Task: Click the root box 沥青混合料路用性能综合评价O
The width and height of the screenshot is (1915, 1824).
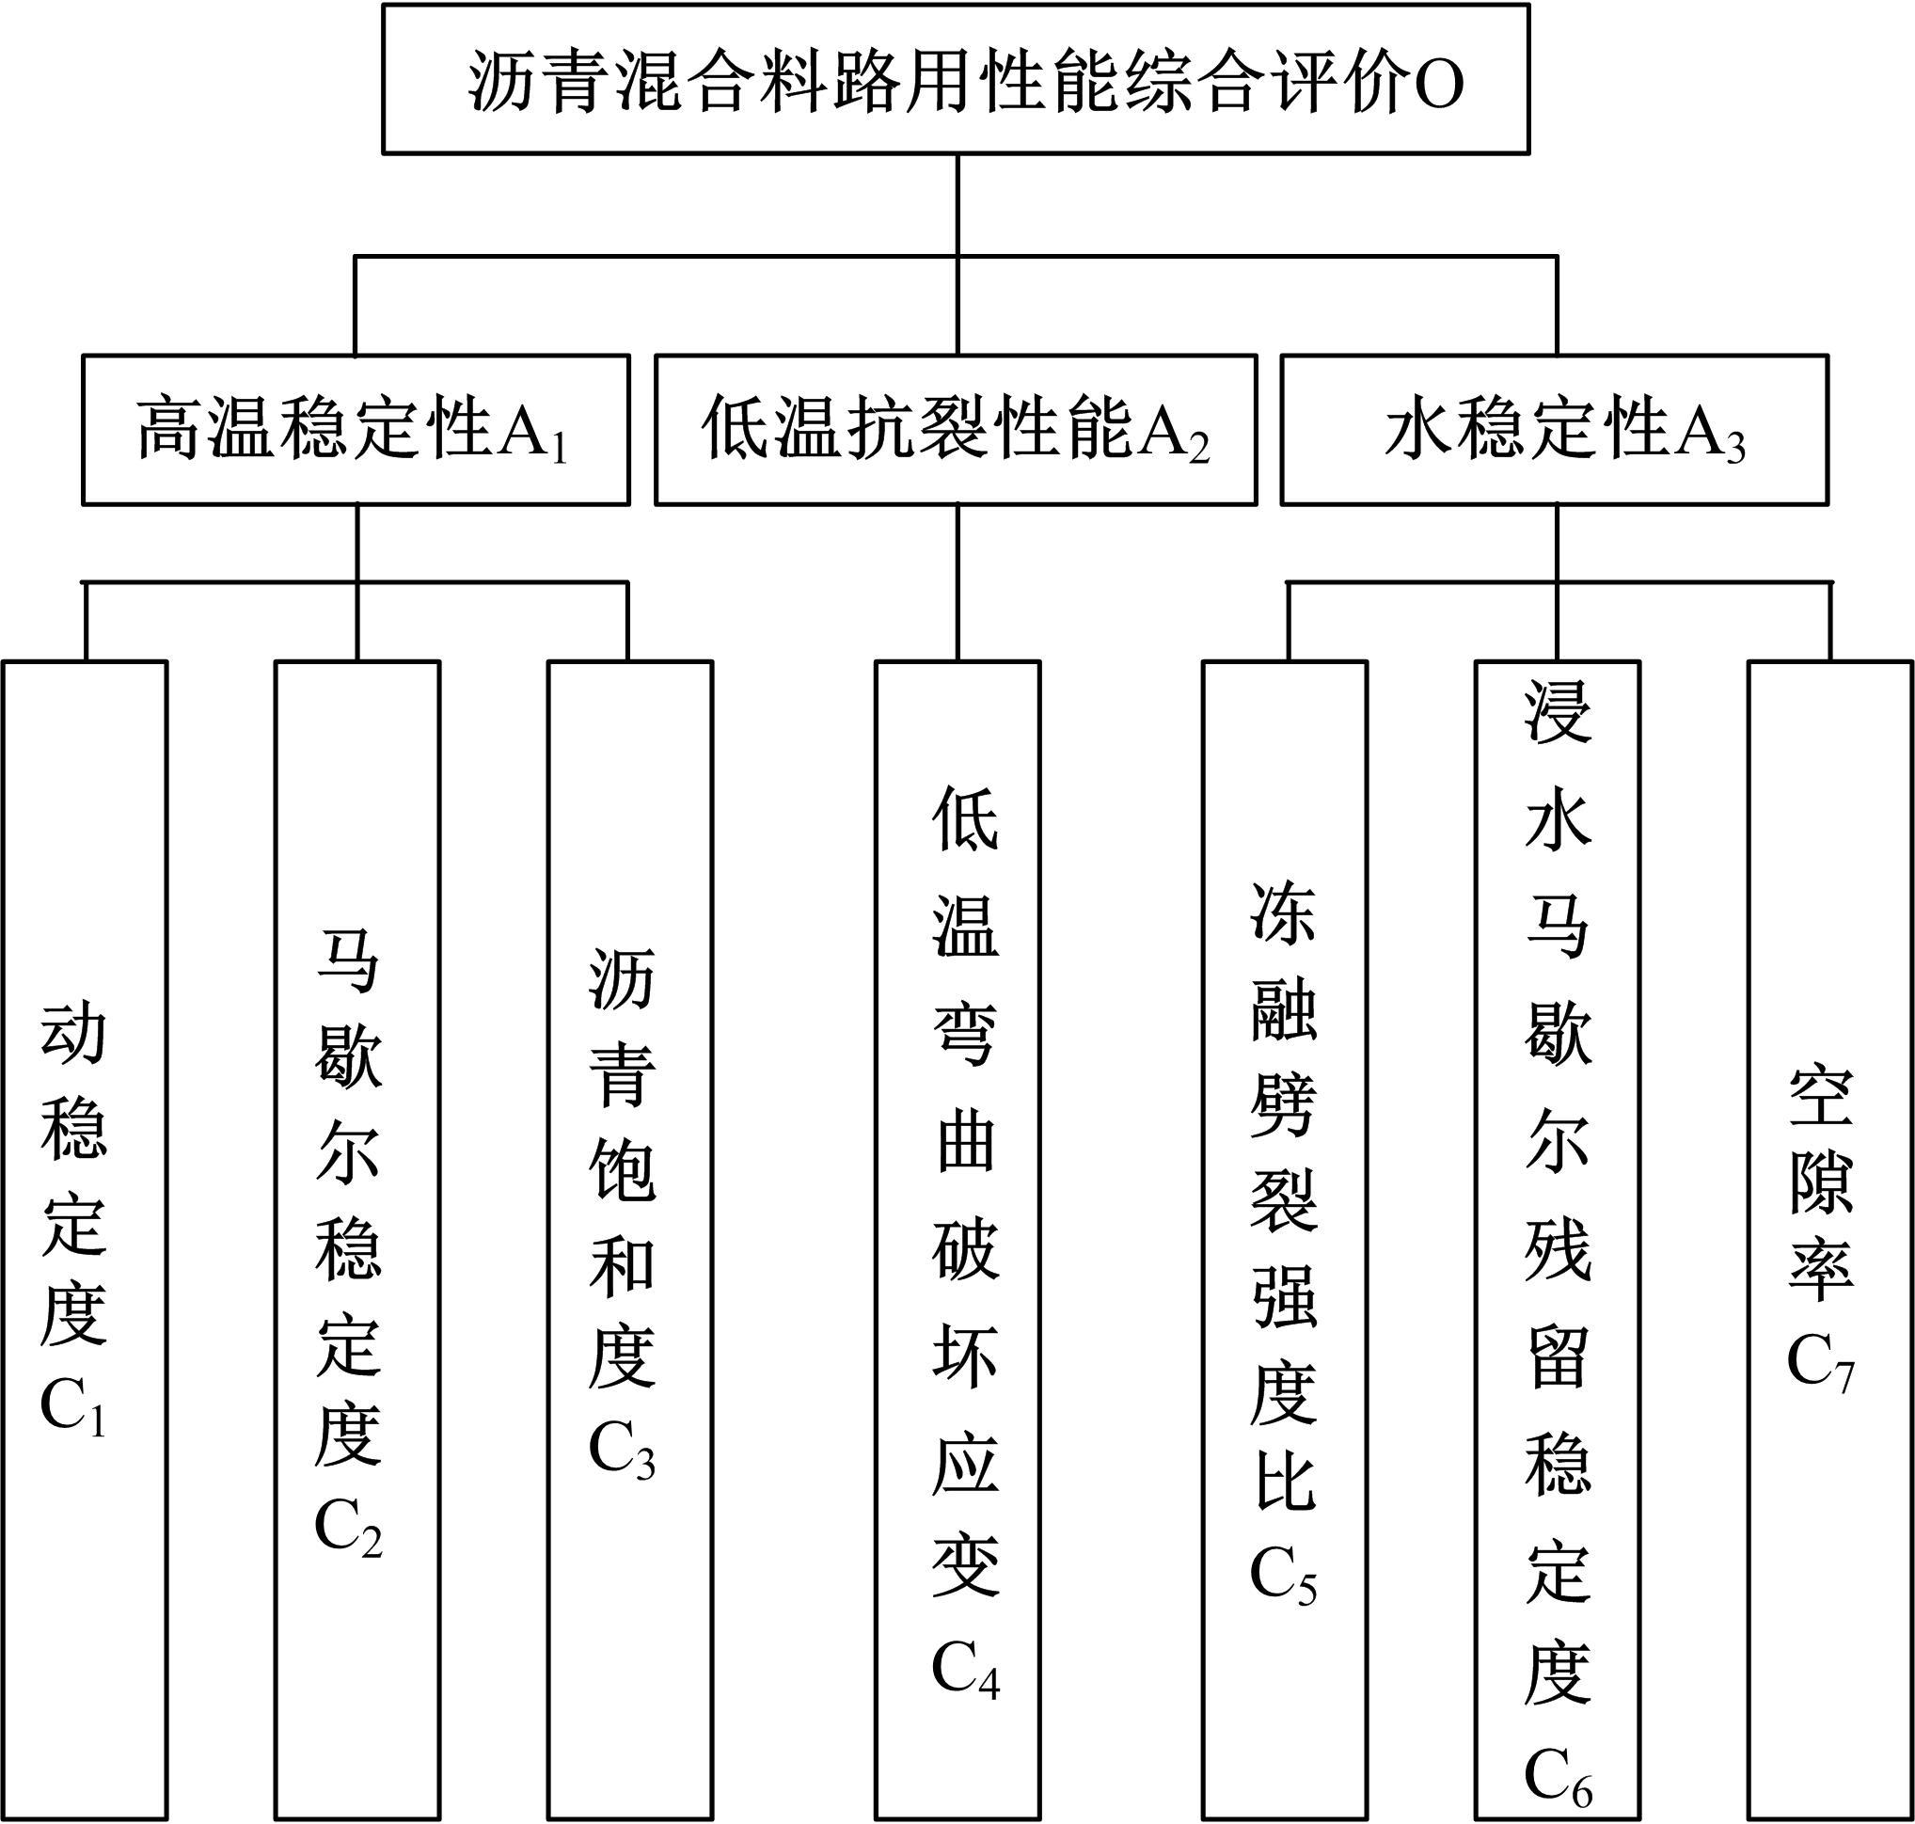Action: point(957,79)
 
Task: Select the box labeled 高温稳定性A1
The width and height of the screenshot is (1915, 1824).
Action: point(356,430)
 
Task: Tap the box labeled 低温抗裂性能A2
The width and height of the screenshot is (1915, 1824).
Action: point(957,430)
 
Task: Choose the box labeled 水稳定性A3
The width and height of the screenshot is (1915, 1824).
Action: point(1556,430)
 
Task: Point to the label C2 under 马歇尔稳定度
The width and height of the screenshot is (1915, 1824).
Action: point(349,1530)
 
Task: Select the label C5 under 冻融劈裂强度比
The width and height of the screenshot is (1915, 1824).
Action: point(1283,1574)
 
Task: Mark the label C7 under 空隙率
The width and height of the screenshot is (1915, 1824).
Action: point(1822,1361)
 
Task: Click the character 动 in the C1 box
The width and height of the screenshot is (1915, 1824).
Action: point(73,1034)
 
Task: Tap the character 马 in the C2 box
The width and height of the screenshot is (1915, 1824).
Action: point(349,960)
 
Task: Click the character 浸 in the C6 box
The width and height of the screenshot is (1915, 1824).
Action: point(1559,712)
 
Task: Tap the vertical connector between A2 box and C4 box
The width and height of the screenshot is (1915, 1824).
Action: point(957,583)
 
